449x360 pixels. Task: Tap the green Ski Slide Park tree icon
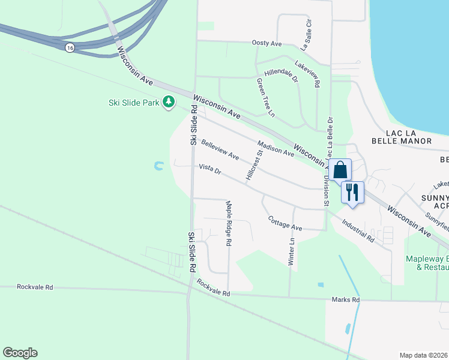coord(170,103)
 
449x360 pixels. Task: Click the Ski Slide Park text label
coord(133,103)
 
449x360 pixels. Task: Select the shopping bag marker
coord(340,170)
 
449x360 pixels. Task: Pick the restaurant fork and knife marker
coord(352,192)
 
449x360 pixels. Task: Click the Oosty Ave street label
coord(267,44)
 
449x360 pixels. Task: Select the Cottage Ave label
coord(285,223)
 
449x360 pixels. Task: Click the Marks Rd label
coord(346,299)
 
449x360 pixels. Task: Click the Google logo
coord(20,353)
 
